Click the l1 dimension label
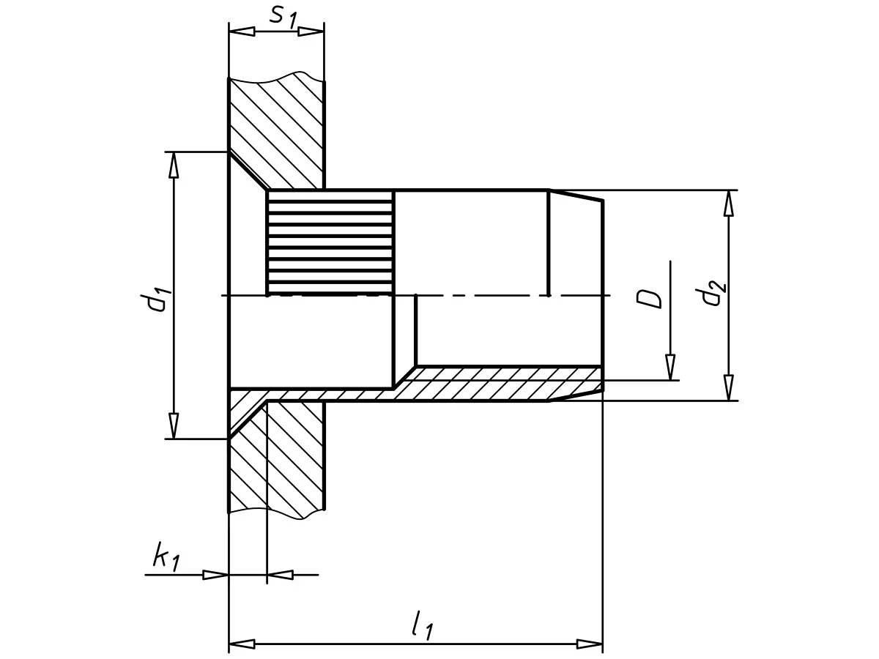[423, 625]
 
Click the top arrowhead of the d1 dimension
[174, 165]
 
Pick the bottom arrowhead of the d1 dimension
[174, 425]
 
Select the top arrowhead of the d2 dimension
[728, 203]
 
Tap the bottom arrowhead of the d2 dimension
[728, 387]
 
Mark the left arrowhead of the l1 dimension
[242, 644]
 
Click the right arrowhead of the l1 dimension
[589, 644]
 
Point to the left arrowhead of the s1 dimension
[242, 31]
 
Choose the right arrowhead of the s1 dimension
[311, 31]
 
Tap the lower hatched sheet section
[286, 461]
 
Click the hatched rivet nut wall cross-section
[498, 383]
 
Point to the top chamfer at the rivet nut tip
[576, 195]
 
